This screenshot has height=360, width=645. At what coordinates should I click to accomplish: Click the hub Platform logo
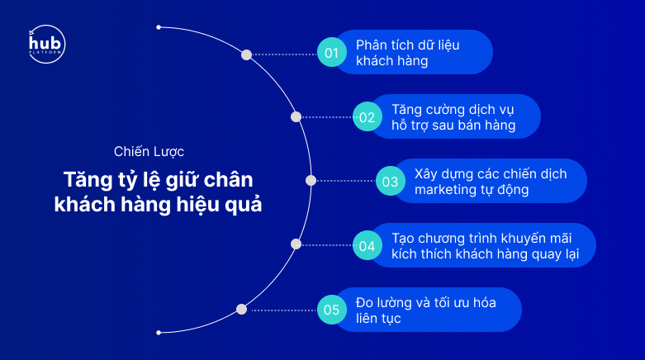click(47, 44)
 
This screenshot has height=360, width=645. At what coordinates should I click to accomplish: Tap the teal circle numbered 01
click(331, 52)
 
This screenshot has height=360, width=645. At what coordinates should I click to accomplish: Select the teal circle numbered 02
click(367, 117)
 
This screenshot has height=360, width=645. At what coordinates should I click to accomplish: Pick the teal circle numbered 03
click(391, 181)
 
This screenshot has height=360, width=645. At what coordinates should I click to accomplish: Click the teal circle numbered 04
click(367, 245)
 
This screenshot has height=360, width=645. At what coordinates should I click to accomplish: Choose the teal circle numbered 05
click(331, 310)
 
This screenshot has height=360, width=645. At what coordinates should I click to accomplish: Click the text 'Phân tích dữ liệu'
click(408, 45)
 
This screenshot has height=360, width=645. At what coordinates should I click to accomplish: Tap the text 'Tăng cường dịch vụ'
click(453, 110)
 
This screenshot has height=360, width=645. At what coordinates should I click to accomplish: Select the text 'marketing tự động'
click(472, 190)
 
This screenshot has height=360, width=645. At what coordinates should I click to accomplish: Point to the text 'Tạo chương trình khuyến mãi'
click(481, 238)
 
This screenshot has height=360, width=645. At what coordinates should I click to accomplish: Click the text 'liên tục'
click(378, 318)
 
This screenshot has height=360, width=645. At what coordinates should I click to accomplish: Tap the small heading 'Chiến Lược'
click(149, 151)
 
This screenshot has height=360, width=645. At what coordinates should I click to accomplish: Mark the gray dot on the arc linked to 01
click(246, 54)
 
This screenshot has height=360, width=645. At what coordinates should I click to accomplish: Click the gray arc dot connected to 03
click(311, 180)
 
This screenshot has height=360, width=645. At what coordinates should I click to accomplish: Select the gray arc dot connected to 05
click(241, 309)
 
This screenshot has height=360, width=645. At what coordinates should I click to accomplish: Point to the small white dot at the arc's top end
click(159, 27)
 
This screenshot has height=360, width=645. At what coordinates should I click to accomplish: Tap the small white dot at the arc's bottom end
click(159, 333)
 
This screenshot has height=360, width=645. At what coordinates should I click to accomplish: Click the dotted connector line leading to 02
click(327, 117)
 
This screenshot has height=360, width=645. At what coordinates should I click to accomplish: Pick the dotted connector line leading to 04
click(327, 244)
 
